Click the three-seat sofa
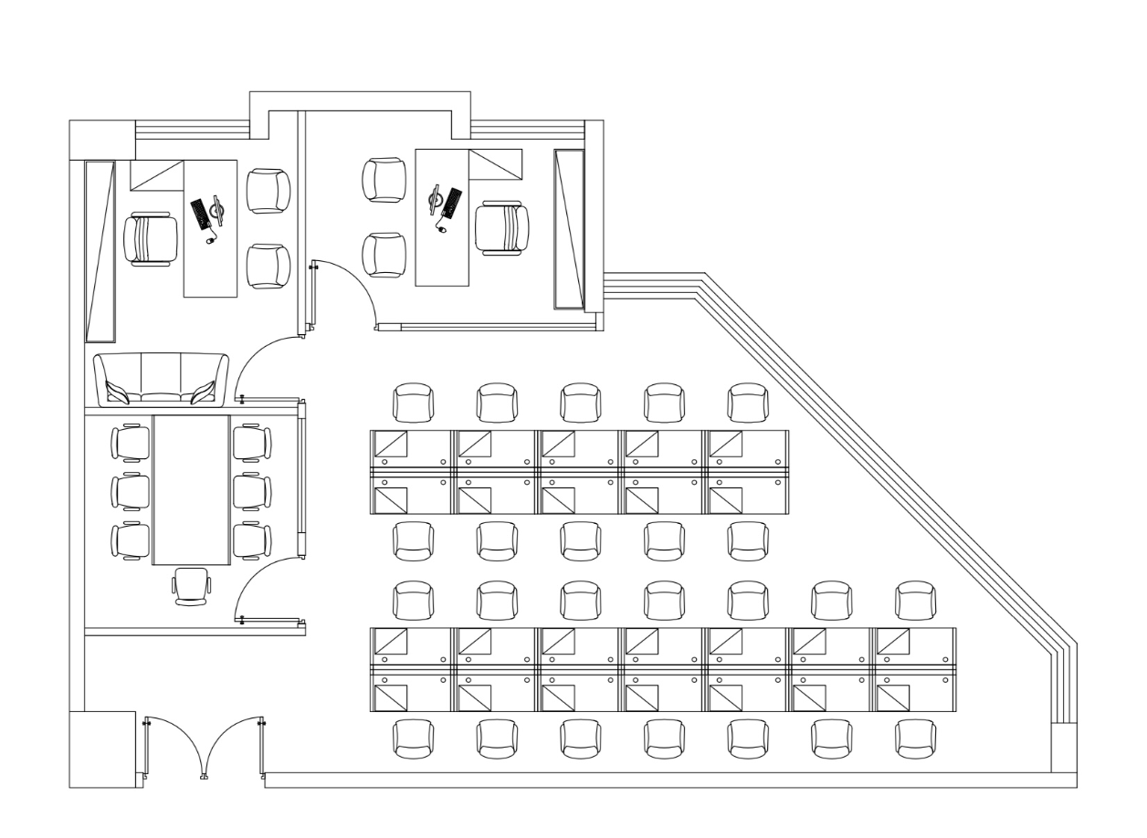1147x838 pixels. coord(161,378)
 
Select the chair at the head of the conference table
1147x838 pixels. coord(192,585)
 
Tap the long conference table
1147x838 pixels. coord(192,489)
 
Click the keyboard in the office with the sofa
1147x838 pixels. coord(199,215)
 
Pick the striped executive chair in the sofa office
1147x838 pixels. coord(151,238)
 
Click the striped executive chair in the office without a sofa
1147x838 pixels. coord(501,227)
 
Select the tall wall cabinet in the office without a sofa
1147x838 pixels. coord(569,229)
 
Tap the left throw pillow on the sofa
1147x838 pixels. coord(118,392)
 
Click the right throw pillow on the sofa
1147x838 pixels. coord(203,392)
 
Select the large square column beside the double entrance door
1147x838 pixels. coord(101,749)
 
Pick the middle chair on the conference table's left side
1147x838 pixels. coord(131,491)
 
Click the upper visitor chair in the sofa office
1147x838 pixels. coord(268,191)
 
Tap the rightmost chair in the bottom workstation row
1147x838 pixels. coord(916,738)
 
